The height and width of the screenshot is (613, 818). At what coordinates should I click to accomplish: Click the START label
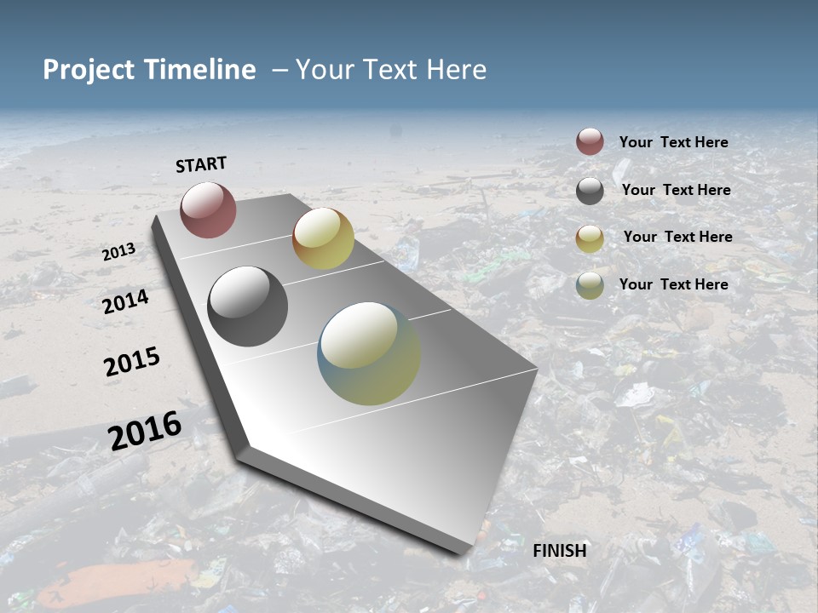point(201,164)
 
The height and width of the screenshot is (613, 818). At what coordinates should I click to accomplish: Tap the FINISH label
point(560,551)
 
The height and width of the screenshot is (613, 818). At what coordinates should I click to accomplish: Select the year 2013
point(119,252)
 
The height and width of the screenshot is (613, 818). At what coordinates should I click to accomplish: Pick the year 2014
point(126,301)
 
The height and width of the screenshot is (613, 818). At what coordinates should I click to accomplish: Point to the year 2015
point(132,362)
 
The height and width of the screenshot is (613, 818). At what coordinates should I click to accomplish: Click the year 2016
point(145,430)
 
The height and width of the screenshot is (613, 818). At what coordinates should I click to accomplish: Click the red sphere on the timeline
point(208,209)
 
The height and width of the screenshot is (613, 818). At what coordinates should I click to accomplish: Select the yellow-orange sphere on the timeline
point(323,238)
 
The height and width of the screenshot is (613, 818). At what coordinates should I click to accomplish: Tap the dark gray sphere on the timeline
point(247,306)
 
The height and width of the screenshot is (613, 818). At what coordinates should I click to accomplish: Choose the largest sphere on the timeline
point(369,353)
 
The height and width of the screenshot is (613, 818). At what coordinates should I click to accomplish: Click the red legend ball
point(590,142)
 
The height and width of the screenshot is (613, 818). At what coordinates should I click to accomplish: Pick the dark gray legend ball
point(590,191)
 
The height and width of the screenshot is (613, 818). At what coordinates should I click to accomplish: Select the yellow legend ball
point(590,238)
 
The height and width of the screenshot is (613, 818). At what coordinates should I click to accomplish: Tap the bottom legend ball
point(590,285)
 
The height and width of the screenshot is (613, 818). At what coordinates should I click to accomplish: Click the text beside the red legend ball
point(673,142)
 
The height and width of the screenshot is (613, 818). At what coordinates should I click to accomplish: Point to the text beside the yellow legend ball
point(677,237)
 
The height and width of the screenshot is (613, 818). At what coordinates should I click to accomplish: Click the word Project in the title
point(89,70)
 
